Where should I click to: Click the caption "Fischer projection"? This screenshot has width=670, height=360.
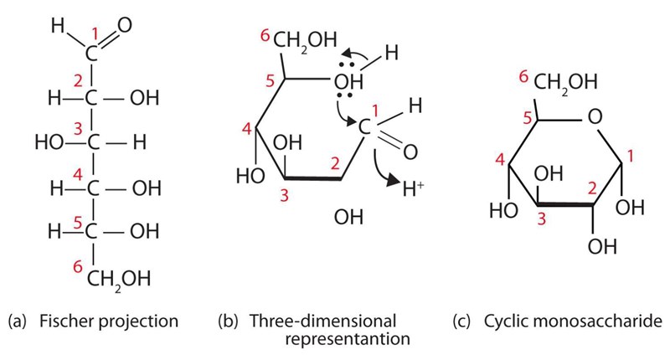(109, 321)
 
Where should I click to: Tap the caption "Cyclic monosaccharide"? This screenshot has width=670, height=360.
(573, 321)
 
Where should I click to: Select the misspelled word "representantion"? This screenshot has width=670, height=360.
(348, 339)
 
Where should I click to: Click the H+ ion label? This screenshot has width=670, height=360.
(413, 188)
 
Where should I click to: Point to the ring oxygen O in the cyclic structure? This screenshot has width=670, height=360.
(595, 116)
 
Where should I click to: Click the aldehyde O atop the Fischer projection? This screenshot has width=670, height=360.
(124, 25)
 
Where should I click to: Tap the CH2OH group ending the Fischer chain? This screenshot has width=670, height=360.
(119, 280)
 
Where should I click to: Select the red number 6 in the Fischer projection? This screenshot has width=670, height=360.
(77, 267)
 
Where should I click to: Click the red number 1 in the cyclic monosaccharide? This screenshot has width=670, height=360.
(631, 157)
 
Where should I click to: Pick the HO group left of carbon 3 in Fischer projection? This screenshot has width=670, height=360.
(49, 142)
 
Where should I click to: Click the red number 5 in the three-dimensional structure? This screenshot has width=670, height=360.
(270, 80)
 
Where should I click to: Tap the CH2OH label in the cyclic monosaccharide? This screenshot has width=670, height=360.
(565, 82)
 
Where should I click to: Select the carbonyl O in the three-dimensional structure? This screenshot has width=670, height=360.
(410, 152)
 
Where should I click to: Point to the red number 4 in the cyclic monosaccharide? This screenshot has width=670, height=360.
(500, 160)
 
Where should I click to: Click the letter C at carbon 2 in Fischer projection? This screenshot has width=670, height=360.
(91, 98)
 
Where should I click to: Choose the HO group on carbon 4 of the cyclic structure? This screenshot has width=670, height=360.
(504, 210)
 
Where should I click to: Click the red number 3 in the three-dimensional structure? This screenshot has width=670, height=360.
(285, 196)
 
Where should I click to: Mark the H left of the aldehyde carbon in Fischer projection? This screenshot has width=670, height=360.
(57, 26)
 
